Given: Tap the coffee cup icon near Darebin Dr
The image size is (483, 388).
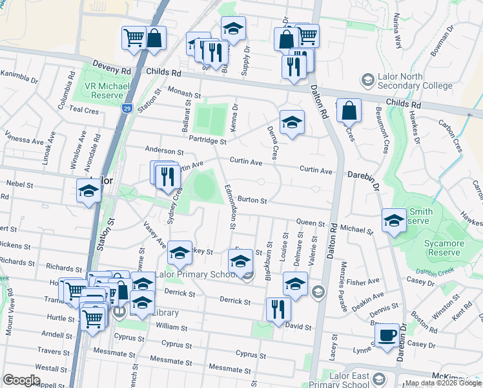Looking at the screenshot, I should (x=387, y=335).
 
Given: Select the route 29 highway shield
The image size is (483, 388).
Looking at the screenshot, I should (x=127, y=109).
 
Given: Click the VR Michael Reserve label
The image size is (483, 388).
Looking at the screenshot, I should (x=107, y=90).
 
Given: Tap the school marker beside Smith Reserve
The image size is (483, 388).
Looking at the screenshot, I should (x=394, y=220).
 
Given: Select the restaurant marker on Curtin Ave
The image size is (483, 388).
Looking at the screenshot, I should (x=167, y=176).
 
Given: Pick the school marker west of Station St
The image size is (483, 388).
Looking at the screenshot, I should (x=88, y=191).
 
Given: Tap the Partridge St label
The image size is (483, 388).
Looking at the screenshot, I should (x=207, y=140).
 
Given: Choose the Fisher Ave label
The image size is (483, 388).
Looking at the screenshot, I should (x=362, y=282).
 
